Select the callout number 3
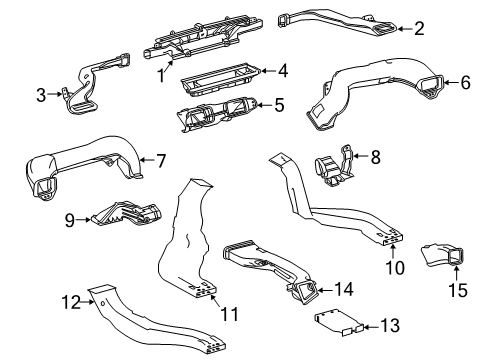coord(41,95)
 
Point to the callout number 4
coord(283,71)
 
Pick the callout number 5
coord(279,103)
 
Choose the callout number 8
coord(375,156)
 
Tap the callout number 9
coord(71,218)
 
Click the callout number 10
coord(395,267)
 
